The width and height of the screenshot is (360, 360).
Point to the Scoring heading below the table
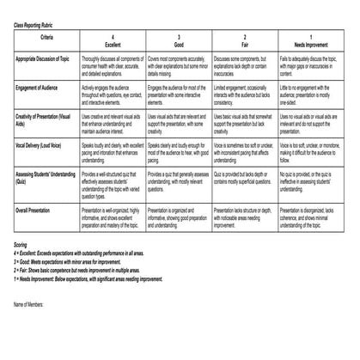22,245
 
